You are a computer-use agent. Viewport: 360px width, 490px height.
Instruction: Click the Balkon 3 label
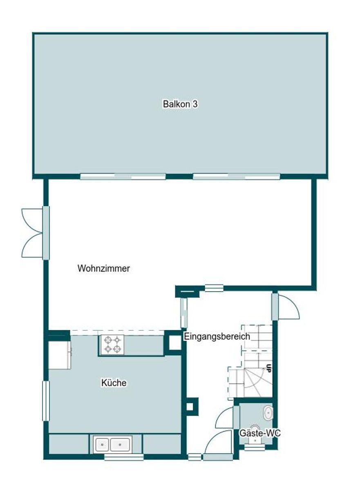click(x=180, y=104)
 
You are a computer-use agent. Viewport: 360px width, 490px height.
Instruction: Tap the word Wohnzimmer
click(x=104, y=269)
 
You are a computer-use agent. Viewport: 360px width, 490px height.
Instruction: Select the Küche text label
click(x=114, y=383)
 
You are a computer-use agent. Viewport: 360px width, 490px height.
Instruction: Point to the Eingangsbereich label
click(x=217, y=337)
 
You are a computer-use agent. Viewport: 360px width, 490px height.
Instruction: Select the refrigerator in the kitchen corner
click(x=59, y=354)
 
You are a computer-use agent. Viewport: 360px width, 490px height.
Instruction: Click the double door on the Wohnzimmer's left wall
click(x=33, y=233)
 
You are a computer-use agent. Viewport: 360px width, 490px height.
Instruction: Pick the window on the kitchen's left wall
click(x=46, y=401)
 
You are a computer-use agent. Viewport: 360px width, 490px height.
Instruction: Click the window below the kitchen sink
click(x=123, y=457)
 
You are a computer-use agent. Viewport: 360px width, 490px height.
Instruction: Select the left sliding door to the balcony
click(x=123, y=176)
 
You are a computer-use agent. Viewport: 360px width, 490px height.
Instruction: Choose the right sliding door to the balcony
click(x=236, y=176)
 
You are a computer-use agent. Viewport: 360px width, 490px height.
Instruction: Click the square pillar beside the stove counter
click(x=174, y=343)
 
